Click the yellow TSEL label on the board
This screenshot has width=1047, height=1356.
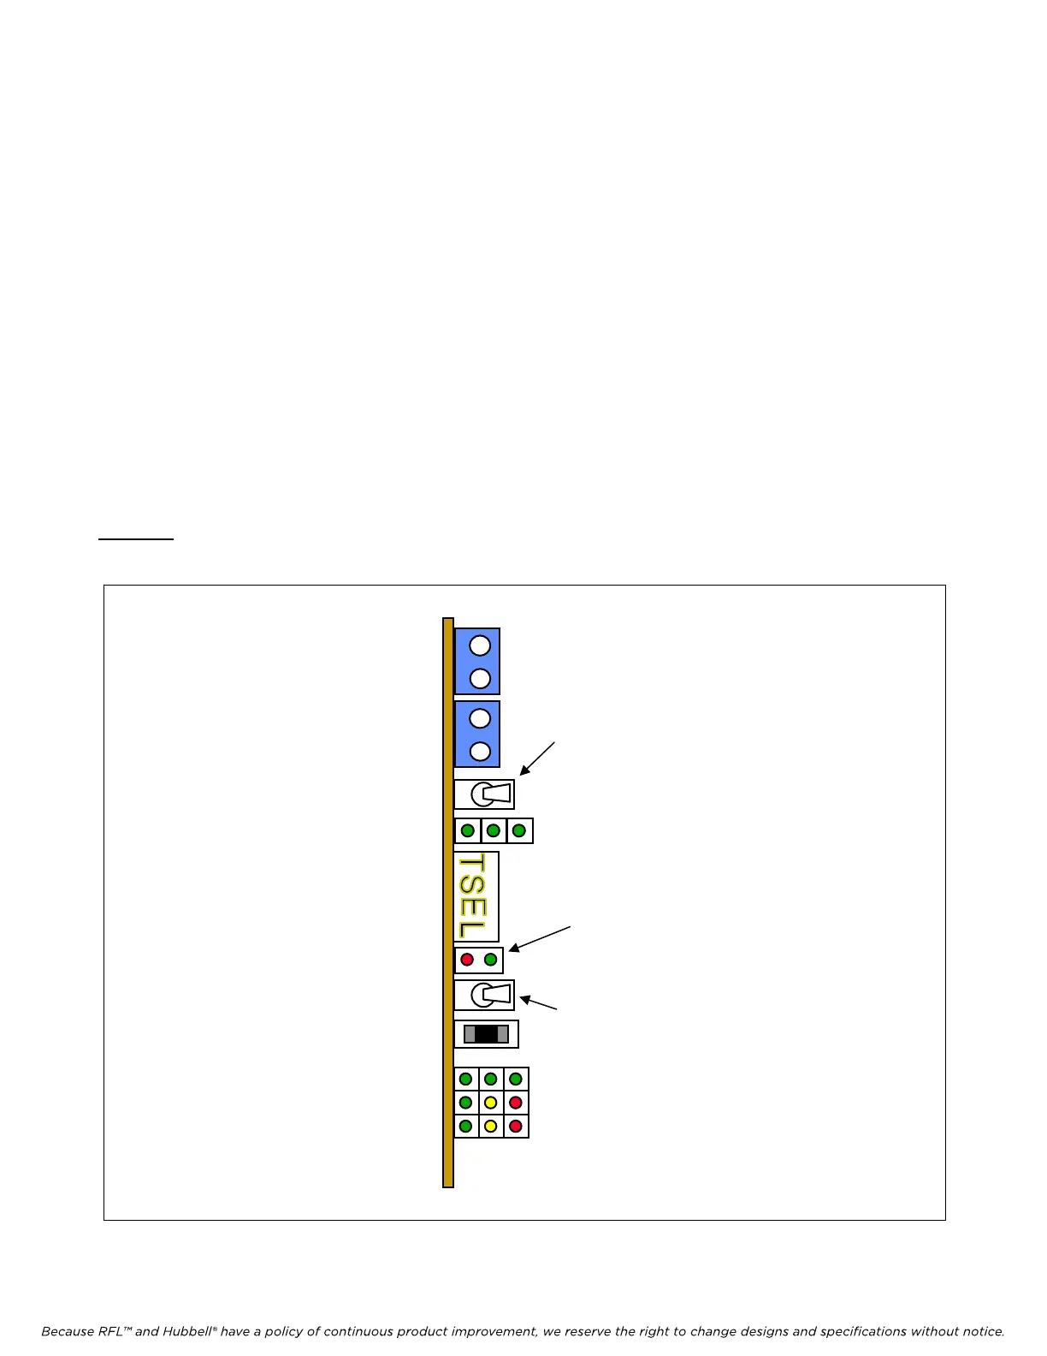click(x=472, y=896)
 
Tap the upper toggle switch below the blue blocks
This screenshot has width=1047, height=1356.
click(x=485, y=794)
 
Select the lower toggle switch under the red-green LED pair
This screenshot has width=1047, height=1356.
click(x=485, y=995)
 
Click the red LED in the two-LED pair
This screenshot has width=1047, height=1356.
click(x=467, y=960)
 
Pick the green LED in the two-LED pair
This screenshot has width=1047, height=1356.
click(x=490, y=960)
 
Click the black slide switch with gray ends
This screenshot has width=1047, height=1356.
click(x=486, y=1034)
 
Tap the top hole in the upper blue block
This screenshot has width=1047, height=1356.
click(x=480, y=645)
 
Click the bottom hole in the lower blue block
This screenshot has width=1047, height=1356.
click(x=480, y=751)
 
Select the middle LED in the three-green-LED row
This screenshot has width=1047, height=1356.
click(x=494, y=830)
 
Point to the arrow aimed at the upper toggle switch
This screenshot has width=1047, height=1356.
click(x=537, y=759)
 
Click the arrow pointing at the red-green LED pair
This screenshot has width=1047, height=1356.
click(x=540, y=938)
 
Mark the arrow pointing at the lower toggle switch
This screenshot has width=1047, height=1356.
click(x=539, y=1003)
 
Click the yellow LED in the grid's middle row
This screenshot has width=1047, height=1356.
click(x=491, y=1103)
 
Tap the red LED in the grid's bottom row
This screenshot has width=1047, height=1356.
click(x=516, y=1126)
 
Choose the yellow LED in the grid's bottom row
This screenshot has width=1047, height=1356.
click(x=491, y=1126)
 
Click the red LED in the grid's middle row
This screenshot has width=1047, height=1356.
click(x=516, y=1103)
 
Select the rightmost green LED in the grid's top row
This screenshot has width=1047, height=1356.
click(x=516, y=1079)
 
